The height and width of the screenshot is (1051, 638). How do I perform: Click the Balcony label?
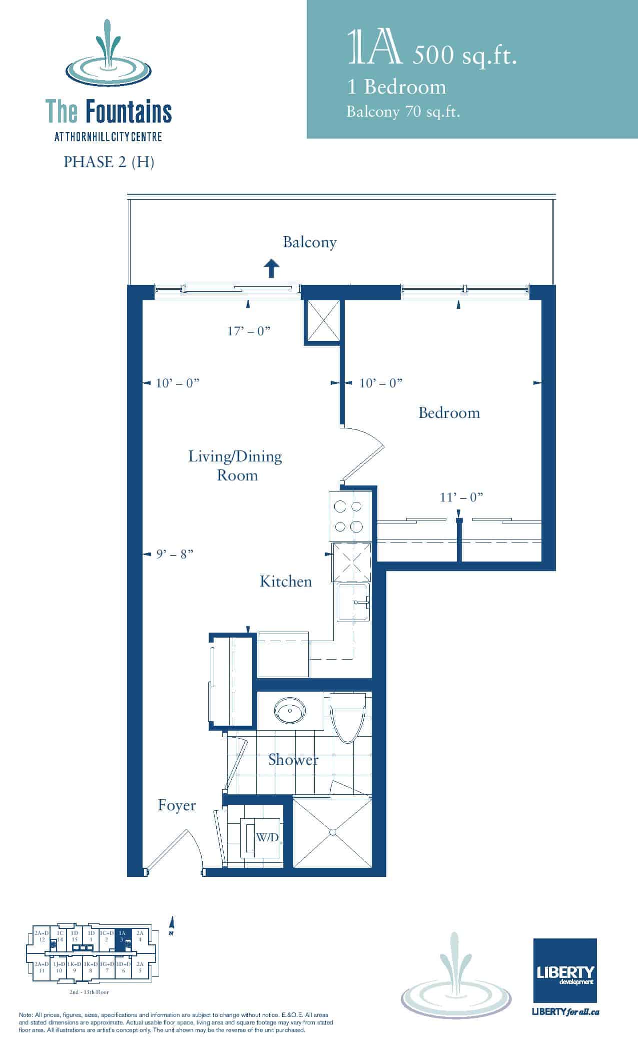point(309,243)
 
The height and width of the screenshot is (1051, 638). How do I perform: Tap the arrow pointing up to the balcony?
point(271,268)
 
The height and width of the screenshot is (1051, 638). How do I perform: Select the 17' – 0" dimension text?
point(249,331)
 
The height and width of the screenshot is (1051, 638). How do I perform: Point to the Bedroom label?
point(449,413)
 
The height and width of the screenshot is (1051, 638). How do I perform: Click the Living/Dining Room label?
point(235,465)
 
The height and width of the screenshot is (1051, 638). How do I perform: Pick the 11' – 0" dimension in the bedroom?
point(461,497)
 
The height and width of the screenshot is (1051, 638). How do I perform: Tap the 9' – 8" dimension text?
point(175,554)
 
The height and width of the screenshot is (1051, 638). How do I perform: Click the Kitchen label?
point(286,581)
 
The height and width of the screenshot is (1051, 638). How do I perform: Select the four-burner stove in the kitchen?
point(349,516)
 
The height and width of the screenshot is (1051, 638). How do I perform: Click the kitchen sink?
point(353,602)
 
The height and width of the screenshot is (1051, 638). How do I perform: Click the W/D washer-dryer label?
point(267,837)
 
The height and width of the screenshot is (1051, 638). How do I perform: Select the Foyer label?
point(177,805)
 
